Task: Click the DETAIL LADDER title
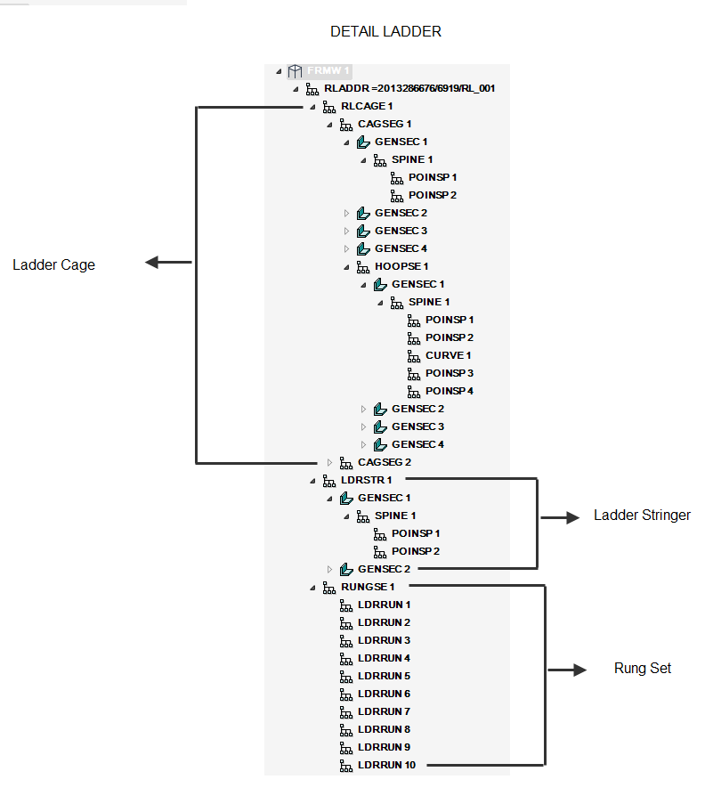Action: click(385, 31)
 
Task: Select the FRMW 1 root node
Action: click(328, 70)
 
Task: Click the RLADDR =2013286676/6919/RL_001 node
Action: click(409, 88)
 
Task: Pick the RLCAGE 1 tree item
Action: click(367, 106)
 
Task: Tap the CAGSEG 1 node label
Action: click(385, 124)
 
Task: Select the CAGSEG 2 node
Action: click(385, 462)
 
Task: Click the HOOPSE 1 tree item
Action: click(401, 266)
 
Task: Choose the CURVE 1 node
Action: click(448, 355)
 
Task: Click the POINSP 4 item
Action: click(450, 391)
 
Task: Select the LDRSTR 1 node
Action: click(367, 480)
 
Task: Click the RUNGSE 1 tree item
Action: click(368, 587)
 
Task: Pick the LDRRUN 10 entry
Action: click(386, 765)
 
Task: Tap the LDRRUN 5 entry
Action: click(384, 676)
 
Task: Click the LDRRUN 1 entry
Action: click(384, 605)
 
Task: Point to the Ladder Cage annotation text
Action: click(53, 264)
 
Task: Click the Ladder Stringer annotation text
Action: click(642, 516)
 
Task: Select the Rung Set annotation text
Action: click(643, 669)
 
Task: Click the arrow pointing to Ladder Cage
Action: click(167, 263)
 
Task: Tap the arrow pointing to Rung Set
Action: click(569, 670)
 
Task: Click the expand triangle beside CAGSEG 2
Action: click(329, 462)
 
